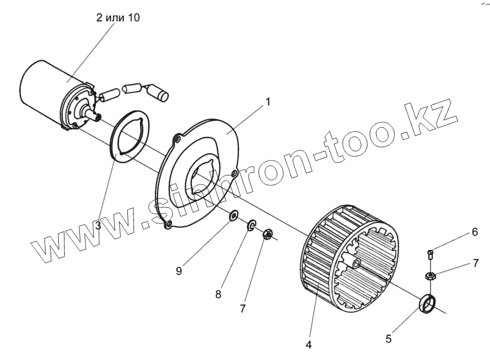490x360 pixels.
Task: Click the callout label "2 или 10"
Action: [x=118, y=18]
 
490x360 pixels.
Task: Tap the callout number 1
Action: [x=267, y=102]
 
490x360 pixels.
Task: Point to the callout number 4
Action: [x=308, y=345]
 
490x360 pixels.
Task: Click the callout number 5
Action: [x=388, y=338]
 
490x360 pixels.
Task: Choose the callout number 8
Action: [x=218, y=295]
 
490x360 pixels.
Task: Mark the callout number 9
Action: [x=179, y=272]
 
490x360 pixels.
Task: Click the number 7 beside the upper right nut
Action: [x=476, y=263]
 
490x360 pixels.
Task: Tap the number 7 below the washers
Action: [x=243, y=308]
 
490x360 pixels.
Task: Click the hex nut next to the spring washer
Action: [x=266, y=235]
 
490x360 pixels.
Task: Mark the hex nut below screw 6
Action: [x=431, y=277]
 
